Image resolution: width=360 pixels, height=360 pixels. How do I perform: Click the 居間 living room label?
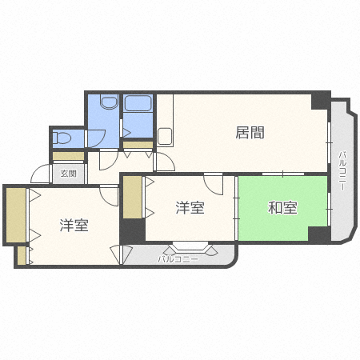250,133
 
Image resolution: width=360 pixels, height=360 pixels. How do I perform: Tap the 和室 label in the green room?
282,208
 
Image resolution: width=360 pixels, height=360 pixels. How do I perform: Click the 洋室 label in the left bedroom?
74,226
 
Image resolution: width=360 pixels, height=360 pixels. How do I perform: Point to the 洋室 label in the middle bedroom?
190,208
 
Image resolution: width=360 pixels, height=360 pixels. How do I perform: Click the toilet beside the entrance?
62,138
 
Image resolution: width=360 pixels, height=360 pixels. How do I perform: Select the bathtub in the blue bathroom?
138,104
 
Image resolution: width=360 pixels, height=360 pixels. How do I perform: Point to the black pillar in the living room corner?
320,101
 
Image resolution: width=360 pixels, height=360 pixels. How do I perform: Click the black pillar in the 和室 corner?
319,234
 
